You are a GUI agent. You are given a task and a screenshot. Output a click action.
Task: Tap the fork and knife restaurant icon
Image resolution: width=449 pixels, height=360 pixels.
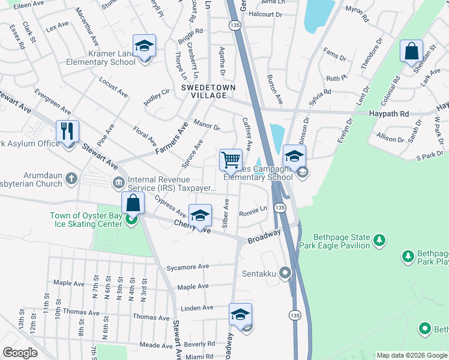point(67,131)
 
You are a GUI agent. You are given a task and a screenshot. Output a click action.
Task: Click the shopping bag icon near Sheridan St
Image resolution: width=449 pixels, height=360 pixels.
point(412,52)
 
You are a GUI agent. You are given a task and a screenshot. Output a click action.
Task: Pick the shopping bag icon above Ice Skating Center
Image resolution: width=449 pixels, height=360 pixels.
point(133,203)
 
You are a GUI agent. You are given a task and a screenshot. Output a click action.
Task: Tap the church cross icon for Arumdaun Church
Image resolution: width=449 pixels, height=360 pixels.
point(71,178)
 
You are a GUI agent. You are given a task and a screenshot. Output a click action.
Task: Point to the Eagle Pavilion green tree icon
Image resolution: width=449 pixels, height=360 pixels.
point(379,241)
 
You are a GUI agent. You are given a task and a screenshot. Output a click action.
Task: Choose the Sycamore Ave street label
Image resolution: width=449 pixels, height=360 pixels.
point(188,266)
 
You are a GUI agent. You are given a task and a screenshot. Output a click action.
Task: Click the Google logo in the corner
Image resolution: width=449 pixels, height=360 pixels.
point(20,352)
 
